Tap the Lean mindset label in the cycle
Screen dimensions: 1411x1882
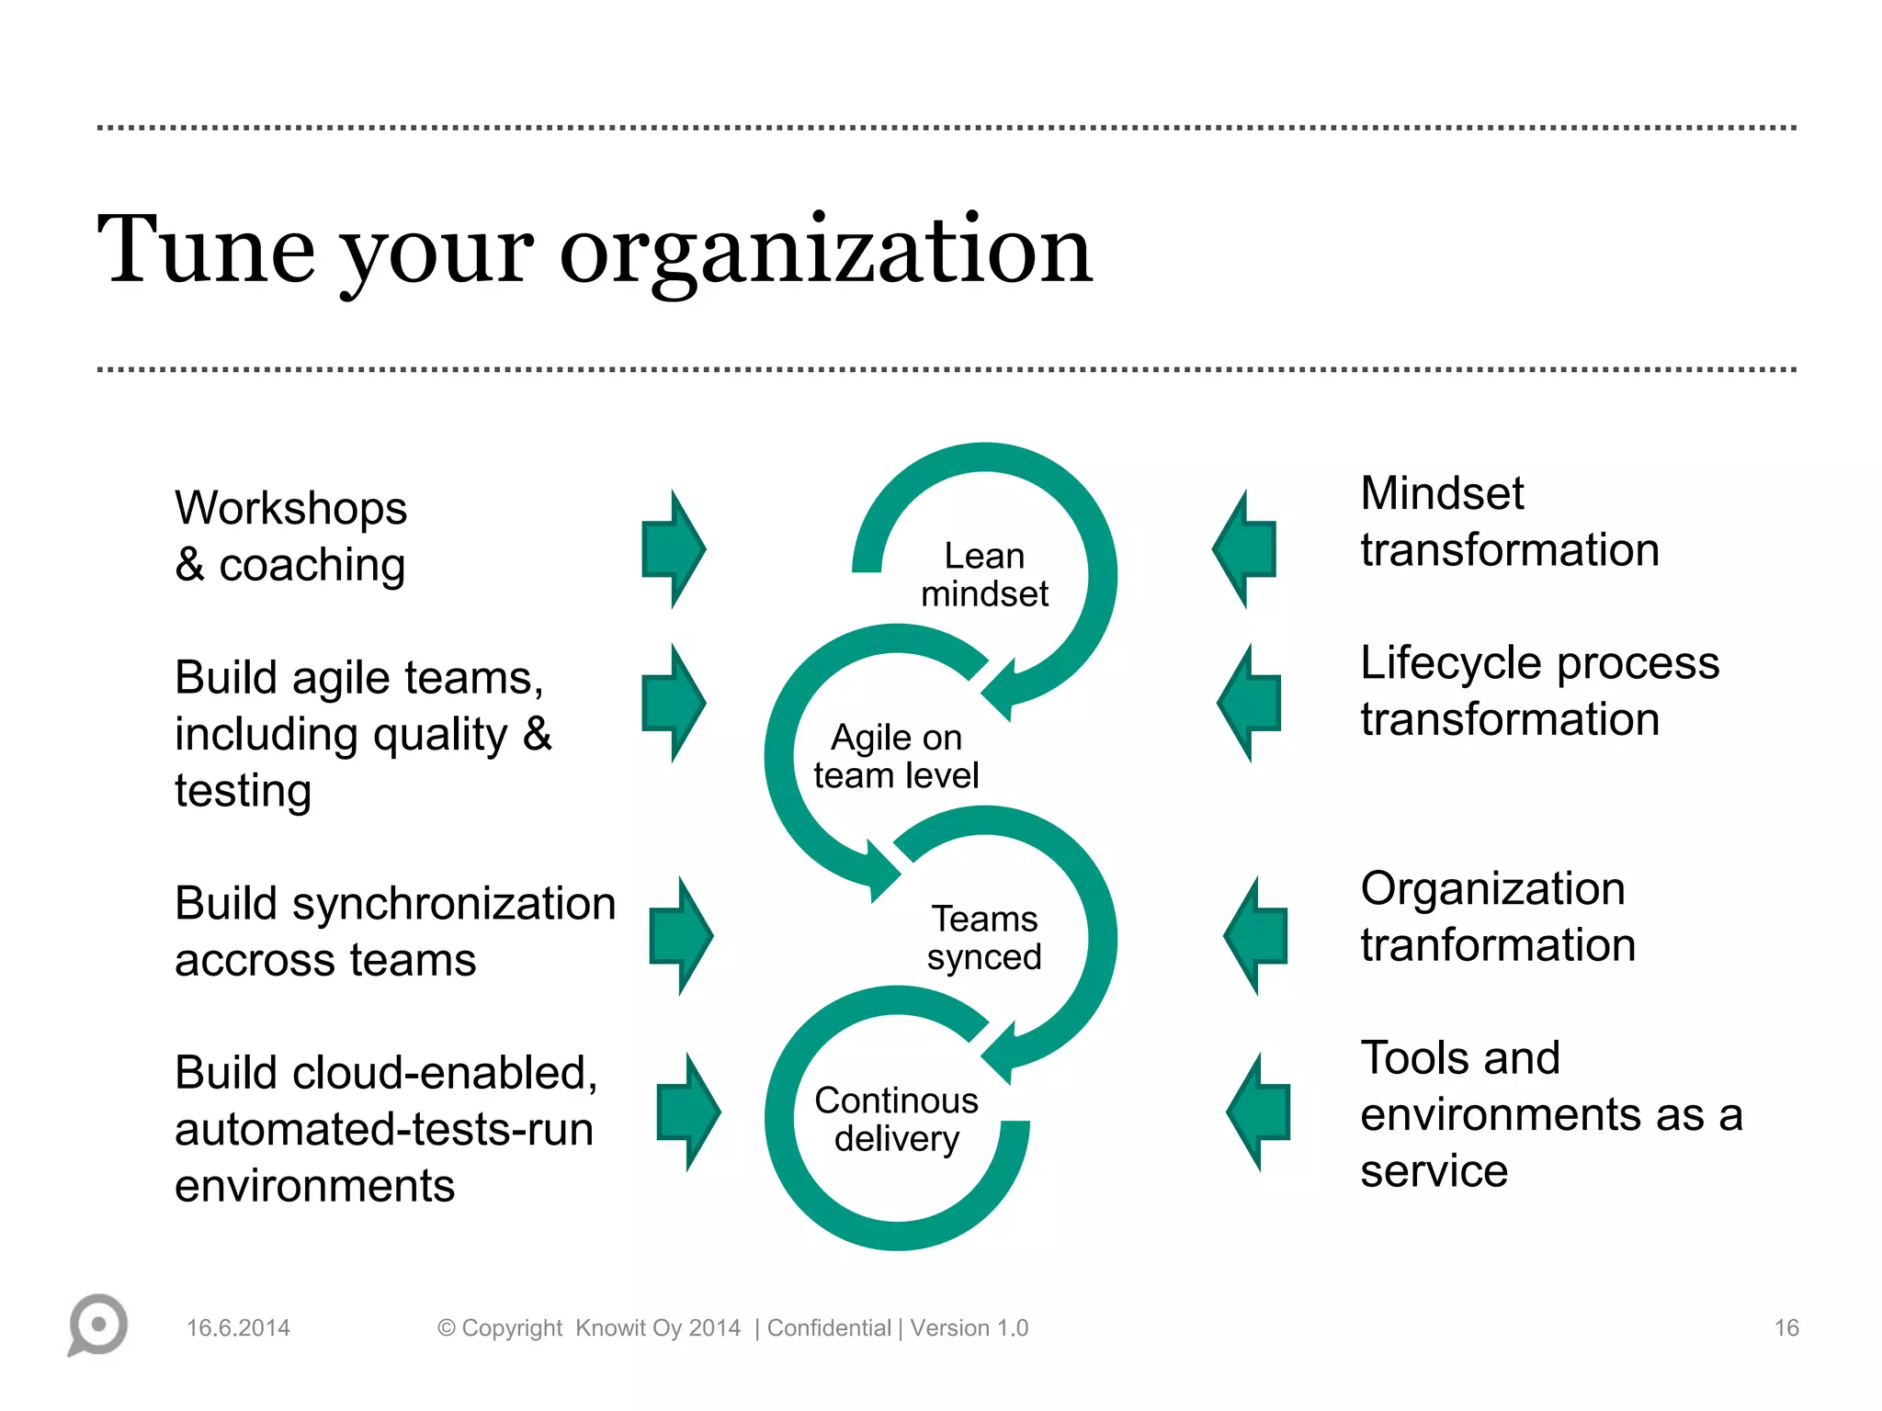pyautogui.click(x=984, y=575)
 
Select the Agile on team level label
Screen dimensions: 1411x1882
pyautogui.click(x=896, y=756)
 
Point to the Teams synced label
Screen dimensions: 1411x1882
pyautogui.click(x=984, y=938)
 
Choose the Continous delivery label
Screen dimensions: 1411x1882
pyautogui.click(x=896, y=1119)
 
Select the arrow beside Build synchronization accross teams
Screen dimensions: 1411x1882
pyautogui.click(x=681, y=936)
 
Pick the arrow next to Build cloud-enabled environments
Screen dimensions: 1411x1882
pyautogui.click(x=688, y=1112)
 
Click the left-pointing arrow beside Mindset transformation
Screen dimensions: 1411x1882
pyautogui.click(x=1245, y=549)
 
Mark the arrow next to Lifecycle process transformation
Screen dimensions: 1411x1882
pyautogui.click(x=1249, y=703)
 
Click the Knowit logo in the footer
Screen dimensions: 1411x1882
pyautogui.click(x=97, y=1325)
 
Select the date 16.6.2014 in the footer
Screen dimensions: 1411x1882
pyautogui.click(x=238, y=1328)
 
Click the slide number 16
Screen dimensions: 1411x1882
pyautogui.click(x=1786, y=1328)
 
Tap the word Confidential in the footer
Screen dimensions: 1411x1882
pyautogui.click(x=829, y=1328)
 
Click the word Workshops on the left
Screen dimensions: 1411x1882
pyautogui.click(x=290, y=508)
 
